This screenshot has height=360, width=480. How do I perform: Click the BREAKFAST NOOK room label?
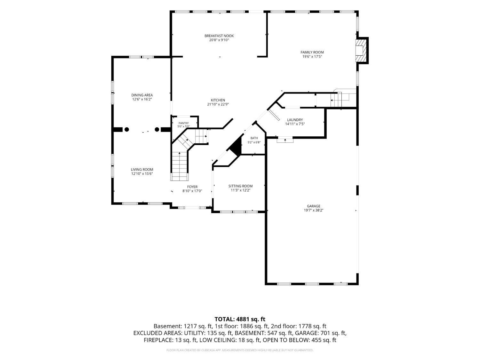pos(219,36)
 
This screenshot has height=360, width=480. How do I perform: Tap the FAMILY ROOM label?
pos(312,52)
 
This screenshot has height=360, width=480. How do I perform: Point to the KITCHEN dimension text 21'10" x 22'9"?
pos(218,105)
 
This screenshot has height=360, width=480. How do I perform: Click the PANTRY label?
pos(183,123)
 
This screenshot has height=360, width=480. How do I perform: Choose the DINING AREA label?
pos(142,95)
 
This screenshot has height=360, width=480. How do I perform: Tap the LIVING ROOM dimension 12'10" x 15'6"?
pos(142,174)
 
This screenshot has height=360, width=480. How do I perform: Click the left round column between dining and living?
pos(127,129)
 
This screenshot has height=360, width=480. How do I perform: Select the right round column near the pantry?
pos(157,129)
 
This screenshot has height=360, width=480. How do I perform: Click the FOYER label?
pos(192,187)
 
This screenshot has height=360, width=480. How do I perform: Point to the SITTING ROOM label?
pos(240,186)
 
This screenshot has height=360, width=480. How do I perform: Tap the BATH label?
pos(254,138)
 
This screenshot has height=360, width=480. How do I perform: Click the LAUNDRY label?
pos(295,120)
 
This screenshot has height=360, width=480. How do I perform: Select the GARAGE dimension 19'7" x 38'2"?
pos(313,211)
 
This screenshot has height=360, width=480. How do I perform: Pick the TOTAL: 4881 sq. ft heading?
pos(240,319)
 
